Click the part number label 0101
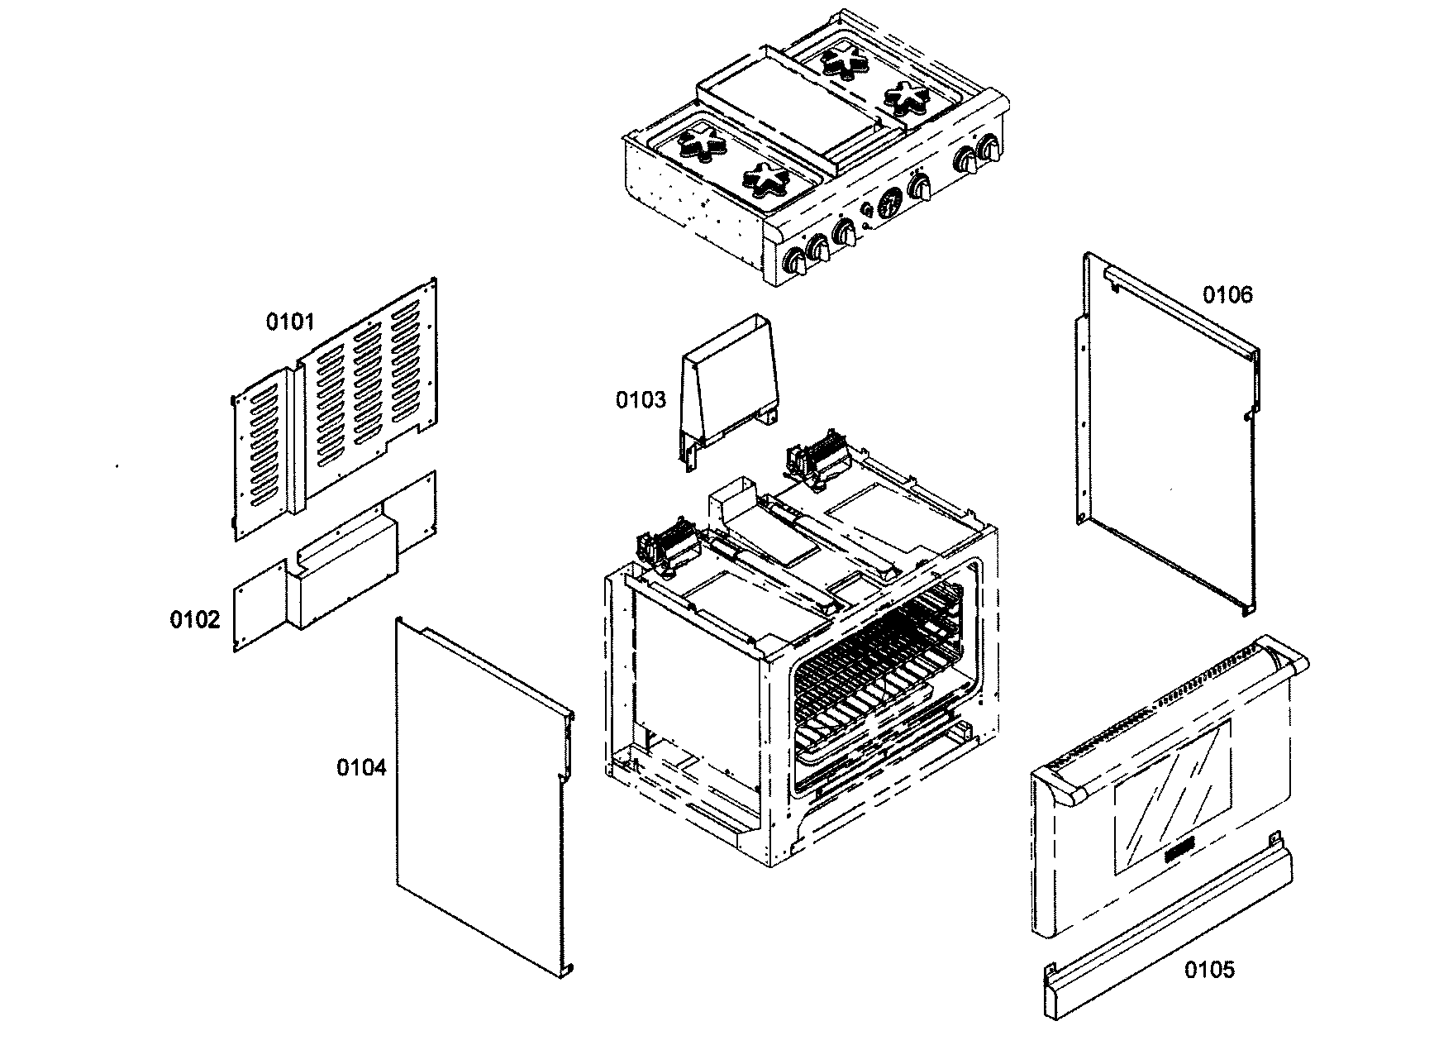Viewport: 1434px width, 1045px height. (289, 321)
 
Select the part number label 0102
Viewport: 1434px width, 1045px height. (195, 618)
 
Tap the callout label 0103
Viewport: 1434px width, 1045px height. (640, 400)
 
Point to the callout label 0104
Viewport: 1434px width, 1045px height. (360, 767)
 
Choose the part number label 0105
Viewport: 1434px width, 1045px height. (1209, 969)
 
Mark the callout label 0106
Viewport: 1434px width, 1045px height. (1227, 294)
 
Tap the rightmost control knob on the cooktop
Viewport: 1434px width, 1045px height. (988, 150)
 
